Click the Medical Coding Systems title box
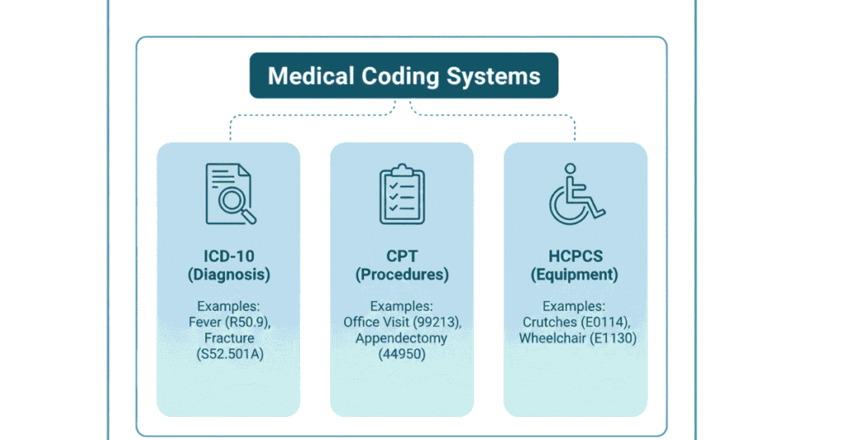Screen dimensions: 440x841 click(403, 76)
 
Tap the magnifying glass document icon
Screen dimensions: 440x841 click(229, 194)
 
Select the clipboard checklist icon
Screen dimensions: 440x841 click(402, 194)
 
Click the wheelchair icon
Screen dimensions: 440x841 click(576, 195)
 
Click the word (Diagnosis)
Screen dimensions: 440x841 click(229, 275)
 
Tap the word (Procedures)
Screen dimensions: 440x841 click(402, 275)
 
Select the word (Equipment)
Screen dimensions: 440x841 click(575, 275)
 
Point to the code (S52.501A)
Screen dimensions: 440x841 click(229, 354)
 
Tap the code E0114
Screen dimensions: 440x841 click(607, 323)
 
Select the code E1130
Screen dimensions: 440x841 click(611, 338)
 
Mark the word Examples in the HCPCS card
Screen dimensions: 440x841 click(575, 306)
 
